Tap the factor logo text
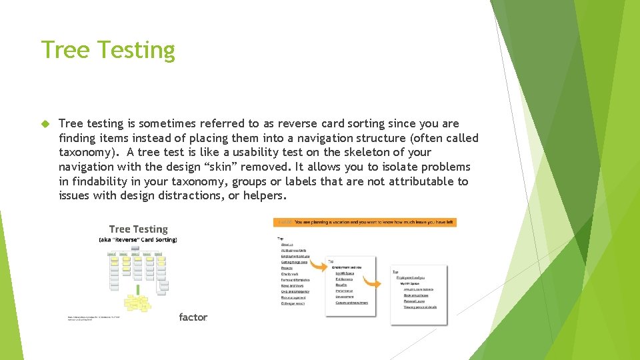pos(193,317)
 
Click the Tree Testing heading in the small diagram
pos(138,229)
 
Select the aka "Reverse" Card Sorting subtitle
pos(138,239)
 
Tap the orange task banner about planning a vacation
pos(365,222)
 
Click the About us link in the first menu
pos(287,244)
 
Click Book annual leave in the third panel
pos(416,295)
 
